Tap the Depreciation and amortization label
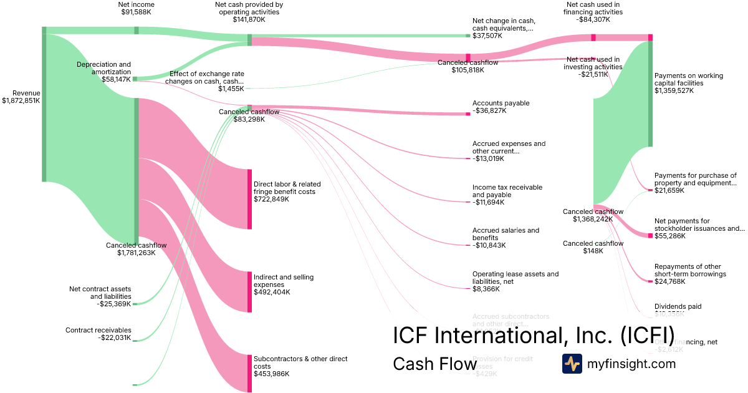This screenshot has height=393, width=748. tap(104, 72)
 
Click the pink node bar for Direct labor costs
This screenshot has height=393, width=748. tap(249, 199)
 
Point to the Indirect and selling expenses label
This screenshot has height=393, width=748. tap(284, 284)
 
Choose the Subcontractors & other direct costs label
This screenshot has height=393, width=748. tap(300, 366)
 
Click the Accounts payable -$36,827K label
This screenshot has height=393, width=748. tap(501, 107)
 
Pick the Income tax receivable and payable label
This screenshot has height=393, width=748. tap(507, 195)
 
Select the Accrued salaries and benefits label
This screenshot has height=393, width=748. tap(506, 238)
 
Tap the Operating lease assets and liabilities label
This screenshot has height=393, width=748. tap(515, 281)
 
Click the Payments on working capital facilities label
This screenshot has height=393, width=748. tap(688, 83)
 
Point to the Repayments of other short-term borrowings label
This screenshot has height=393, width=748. tap(690, 274)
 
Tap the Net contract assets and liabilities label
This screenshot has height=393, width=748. tap(100, 296)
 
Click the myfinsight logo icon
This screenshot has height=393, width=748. tap(572, 364)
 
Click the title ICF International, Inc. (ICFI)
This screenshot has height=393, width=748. tap(533, 335)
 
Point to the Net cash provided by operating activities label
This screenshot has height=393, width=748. tap(249, 12)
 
